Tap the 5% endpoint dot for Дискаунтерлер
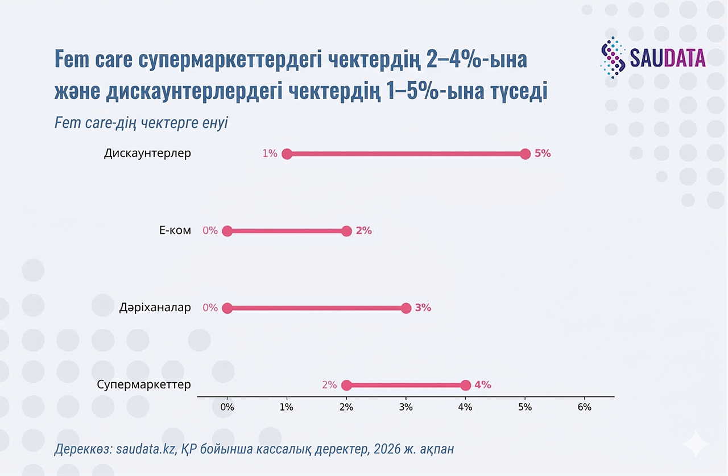click(x=525, y=154)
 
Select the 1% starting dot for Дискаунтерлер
click(x=287, y=154)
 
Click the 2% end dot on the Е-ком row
click(x=346, y=231)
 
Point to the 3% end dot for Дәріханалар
click(x=406, y=308)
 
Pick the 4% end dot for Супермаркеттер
click(x=466, y=385)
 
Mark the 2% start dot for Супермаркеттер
click(x=346, y=385)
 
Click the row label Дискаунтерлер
click(x=147, y=154)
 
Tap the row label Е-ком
click(x=175, y=231)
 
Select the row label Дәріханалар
click(x=155, y=308)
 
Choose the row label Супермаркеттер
click(x=144, y=385)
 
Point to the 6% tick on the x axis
click(x=584, y=407)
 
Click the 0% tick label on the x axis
click(x=227, y=407)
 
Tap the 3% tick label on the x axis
click(x=406, y=407)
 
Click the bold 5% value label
click(x=543, y=154)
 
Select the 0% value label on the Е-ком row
click(x=210, y=231)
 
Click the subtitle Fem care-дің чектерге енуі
click(x=141, y=123)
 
